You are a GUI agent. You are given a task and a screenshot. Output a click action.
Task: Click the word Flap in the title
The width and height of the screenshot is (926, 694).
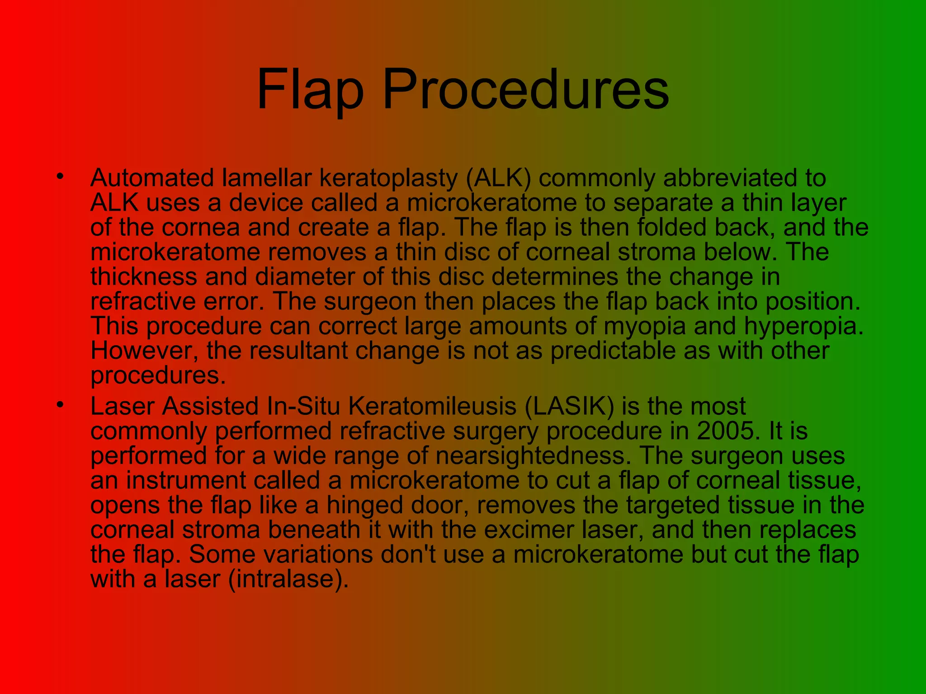[x=310, y=89]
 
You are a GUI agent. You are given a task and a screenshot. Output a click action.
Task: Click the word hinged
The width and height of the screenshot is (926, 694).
[x=364, y=505]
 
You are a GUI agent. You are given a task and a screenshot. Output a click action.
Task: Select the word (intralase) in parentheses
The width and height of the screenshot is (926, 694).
[x=289, y=579]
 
